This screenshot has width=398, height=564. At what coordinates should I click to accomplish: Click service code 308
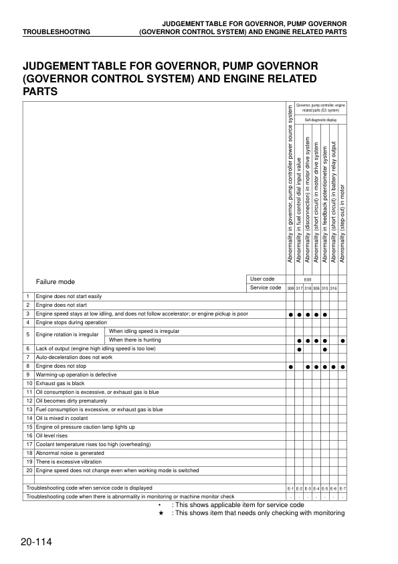point(290,288)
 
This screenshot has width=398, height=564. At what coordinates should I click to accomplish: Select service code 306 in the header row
point(316,288)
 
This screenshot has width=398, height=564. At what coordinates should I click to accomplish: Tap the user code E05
point(308,279)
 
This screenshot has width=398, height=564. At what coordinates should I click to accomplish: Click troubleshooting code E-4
point(316,488)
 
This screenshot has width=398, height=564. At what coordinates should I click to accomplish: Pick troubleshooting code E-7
point(342,488)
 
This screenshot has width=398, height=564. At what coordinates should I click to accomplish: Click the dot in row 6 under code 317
point(299,349)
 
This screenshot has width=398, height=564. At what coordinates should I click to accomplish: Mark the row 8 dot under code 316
point(334,366)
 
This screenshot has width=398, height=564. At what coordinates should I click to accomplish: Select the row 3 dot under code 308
point(290,313)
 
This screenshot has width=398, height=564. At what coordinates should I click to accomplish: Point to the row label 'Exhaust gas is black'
point(60,384)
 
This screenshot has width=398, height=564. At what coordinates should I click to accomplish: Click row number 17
point(29,444)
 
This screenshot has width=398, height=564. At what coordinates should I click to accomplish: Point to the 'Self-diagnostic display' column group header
point(320,119)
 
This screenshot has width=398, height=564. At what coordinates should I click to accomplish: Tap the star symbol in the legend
point(162,513)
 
